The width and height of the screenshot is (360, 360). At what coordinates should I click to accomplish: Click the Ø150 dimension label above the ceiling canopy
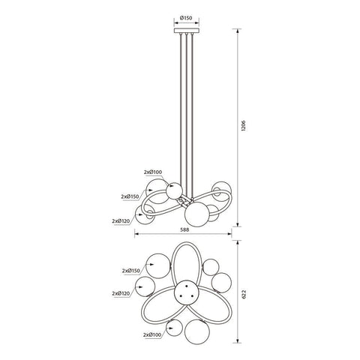tap(186, 18)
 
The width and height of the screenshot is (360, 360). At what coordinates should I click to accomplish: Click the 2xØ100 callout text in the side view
tap(153, 172)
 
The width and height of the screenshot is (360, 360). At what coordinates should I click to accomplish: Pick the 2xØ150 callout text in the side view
tap(130, 196)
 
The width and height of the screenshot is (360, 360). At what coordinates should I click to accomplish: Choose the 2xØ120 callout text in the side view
tap(121, 221)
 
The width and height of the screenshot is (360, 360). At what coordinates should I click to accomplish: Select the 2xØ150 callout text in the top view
tap(131, 271)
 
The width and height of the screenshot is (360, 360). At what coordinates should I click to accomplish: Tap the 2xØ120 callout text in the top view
tap(121, 293)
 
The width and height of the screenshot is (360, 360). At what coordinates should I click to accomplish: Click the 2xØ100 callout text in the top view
tap(153, 334)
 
